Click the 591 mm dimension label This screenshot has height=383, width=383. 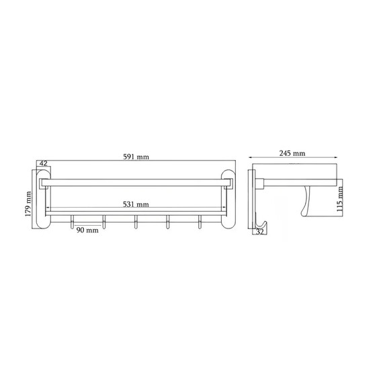pyautogui.click(x=136, y=157)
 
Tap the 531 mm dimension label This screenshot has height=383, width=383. pyautogui.click(x=136, y=204)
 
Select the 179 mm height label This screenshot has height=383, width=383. pyautogui.click(x=28, y=204)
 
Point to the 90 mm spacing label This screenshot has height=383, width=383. pyautogui.click(x=87, y=230)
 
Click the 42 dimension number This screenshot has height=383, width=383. pyautogui.click(x=43, y=163)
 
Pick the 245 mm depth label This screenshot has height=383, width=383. pyautogui.click(x=292, y=153)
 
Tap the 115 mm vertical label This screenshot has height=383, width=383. pyautogui.click(x=340, y=199)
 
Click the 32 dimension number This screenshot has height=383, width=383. pyautogui.click(x=260, y=232)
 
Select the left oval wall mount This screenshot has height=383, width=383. pyautogui.click(x=44, y=199)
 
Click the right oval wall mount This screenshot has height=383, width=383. pyautogui.click(x=228, y=199)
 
